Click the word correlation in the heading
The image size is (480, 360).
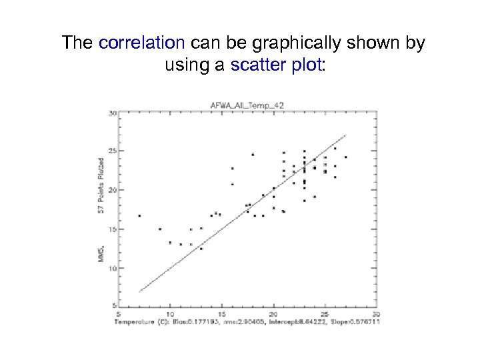[141, 44]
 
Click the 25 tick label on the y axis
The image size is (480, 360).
[112, 151]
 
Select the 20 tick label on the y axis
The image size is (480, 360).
[112, 190]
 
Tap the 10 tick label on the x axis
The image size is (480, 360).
[170, 314]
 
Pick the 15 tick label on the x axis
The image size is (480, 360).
[221, 314]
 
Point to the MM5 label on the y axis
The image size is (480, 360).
[101, 251]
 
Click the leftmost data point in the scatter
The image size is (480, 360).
[139, 215]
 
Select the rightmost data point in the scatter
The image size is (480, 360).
[345, 157]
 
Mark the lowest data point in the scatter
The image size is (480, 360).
[201, 249]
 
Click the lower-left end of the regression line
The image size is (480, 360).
[139, 291]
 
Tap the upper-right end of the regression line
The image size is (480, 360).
[346, 135]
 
